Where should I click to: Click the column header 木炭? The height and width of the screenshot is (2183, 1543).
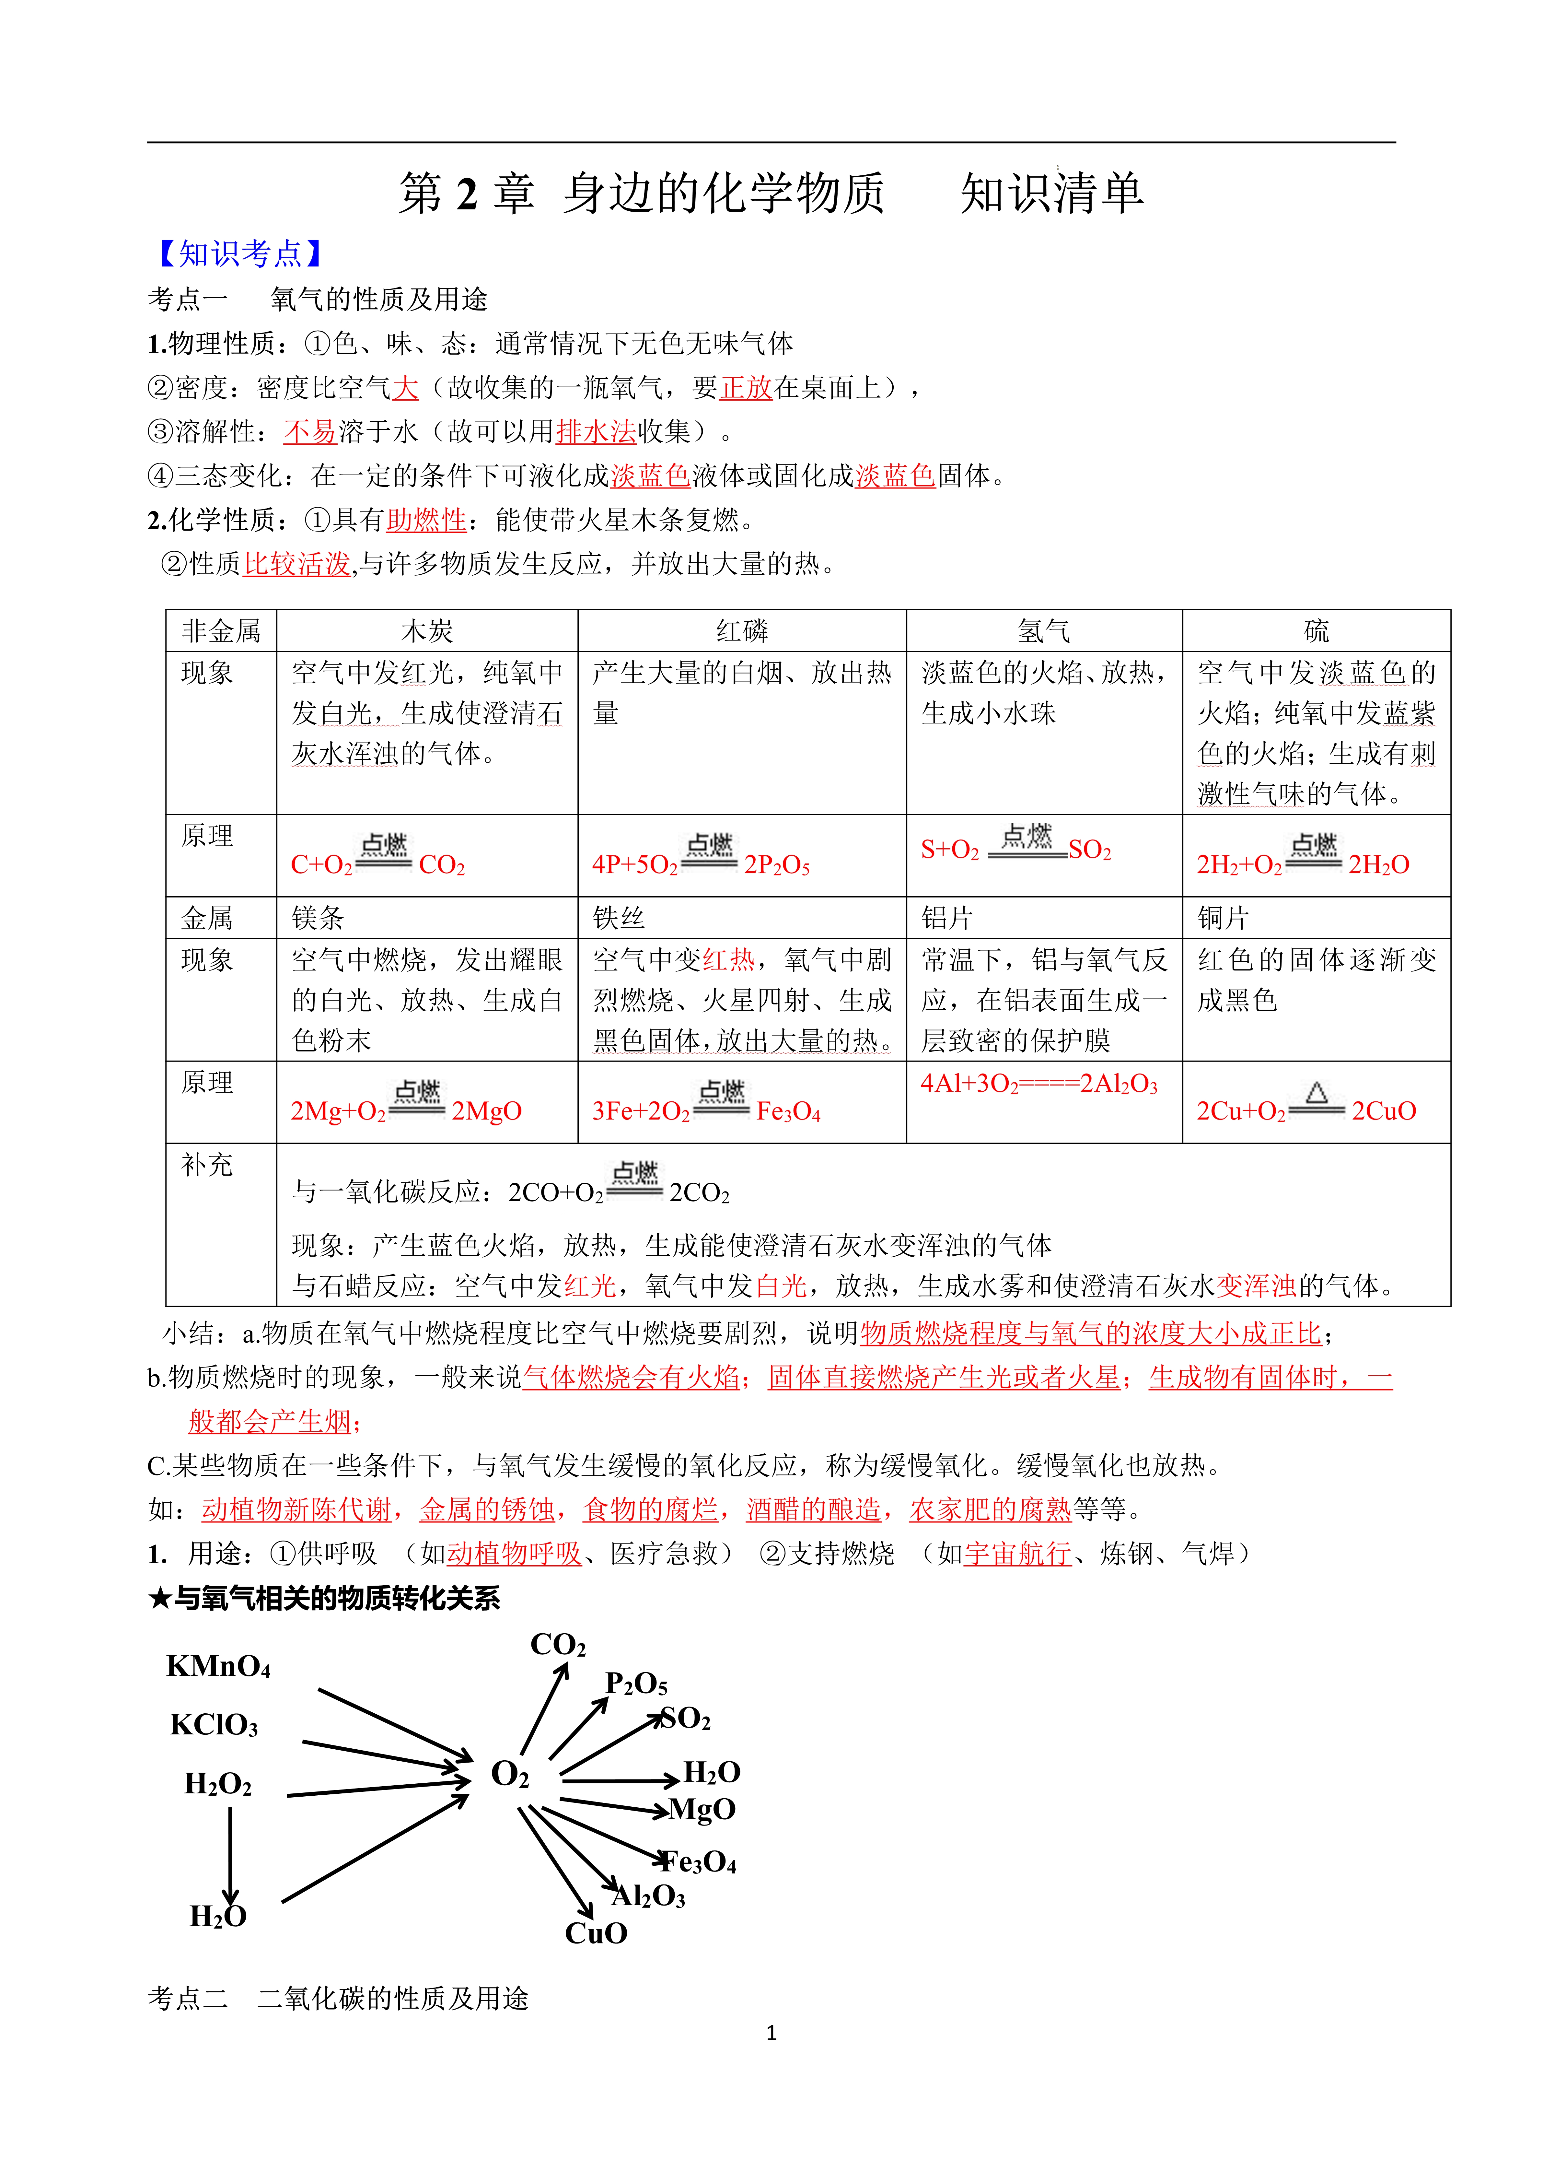(x=427, y=631)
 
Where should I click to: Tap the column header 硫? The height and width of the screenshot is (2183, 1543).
(x=1316, y=631)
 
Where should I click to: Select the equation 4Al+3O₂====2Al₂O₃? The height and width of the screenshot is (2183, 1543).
(x=1039, y=1084)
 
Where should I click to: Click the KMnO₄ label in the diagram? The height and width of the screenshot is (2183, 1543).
(x=219, y=1667)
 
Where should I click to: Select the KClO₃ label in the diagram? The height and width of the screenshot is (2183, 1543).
(x=214, y=1725)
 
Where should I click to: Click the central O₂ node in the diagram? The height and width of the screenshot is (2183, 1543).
(x=510, y=1774)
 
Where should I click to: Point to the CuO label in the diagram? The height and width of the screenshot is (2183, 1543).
(x=596, y=1933)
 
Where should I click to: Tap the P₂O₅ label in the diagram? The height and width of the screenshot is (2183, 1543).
(x=636, y=1684)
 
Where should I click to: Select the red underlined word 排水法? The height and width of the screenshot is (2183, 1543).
(x=596, y=432)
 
